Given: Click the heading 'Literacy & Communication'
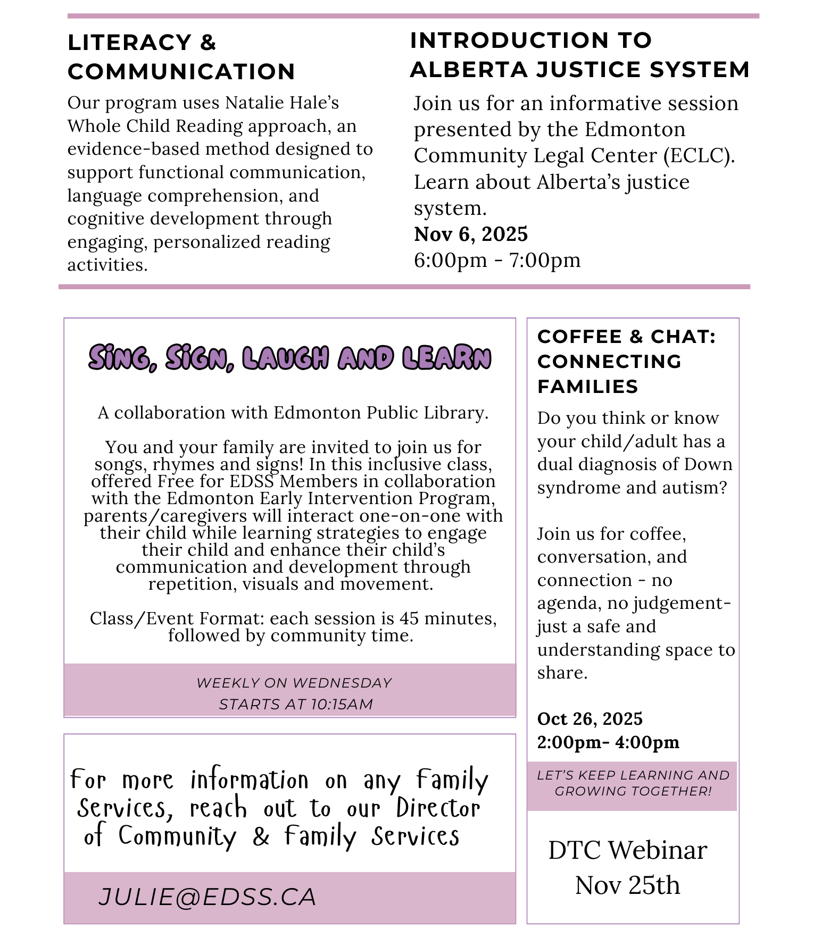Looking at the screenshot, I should point(181,57).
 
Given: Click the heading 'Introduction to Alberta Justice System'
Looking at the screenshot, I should point(579,55).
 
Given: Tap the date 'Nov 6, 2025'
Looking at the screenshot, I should point(471,234).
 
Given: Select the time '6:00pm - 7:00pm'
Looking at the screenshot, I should point(497,260).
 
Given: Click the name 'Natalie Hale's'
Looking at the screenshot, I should point(282,103).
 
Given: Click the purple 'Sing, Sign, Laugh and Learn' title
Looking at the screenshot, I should point(289,357).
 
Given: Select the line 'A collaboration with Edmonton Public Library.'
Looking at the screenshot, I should point(293,413).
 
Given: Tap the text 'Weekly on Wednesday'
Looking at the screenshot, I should point(294,683).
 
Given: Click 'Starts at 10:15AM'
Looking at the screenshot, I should point(296,704).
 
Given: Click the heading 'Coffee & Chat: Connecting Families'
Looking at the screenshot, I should point(626,361).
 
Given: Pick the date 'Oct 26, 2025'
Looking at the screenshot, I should point(589,719).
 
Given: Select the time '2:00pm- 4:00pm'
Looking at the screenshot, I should point(608,742).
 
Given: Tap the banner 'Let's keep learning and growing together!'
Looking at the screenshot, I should point(633,783).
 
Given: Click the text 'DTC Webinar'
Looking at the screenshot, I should point(628,850).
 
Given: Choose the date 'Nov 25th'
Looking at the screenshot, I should point(628,885).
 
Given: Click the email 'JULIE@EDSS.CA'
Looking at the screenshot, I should point(207,897).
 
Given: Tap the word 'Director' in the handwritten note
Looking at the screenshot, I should point(438,808).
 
